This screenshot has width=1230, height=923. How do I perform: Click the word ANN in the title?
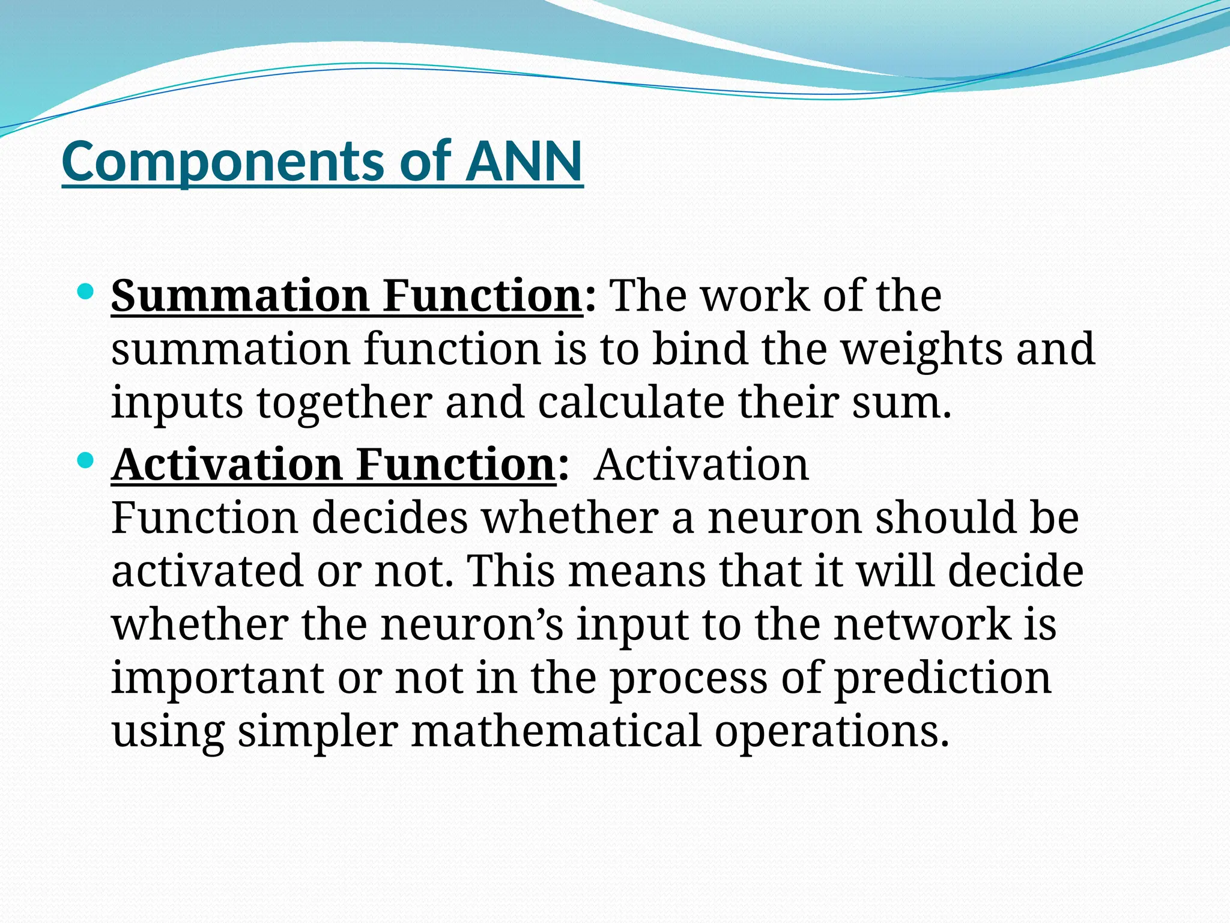click(x=524, y=160)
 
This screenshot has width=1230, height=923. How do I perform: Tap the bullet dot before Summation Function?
click(x=86, y=293)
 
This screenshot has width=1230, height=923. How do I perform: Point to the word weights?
click(x=921, y=350)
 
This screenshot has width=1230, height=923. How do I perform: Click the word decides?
click(x=390, y=517)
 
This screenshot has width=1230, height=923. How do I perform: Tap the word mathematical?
click(x=556, y=731)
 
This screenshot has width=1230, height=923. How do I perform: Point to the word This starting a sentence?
click(x=510, y=570)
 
